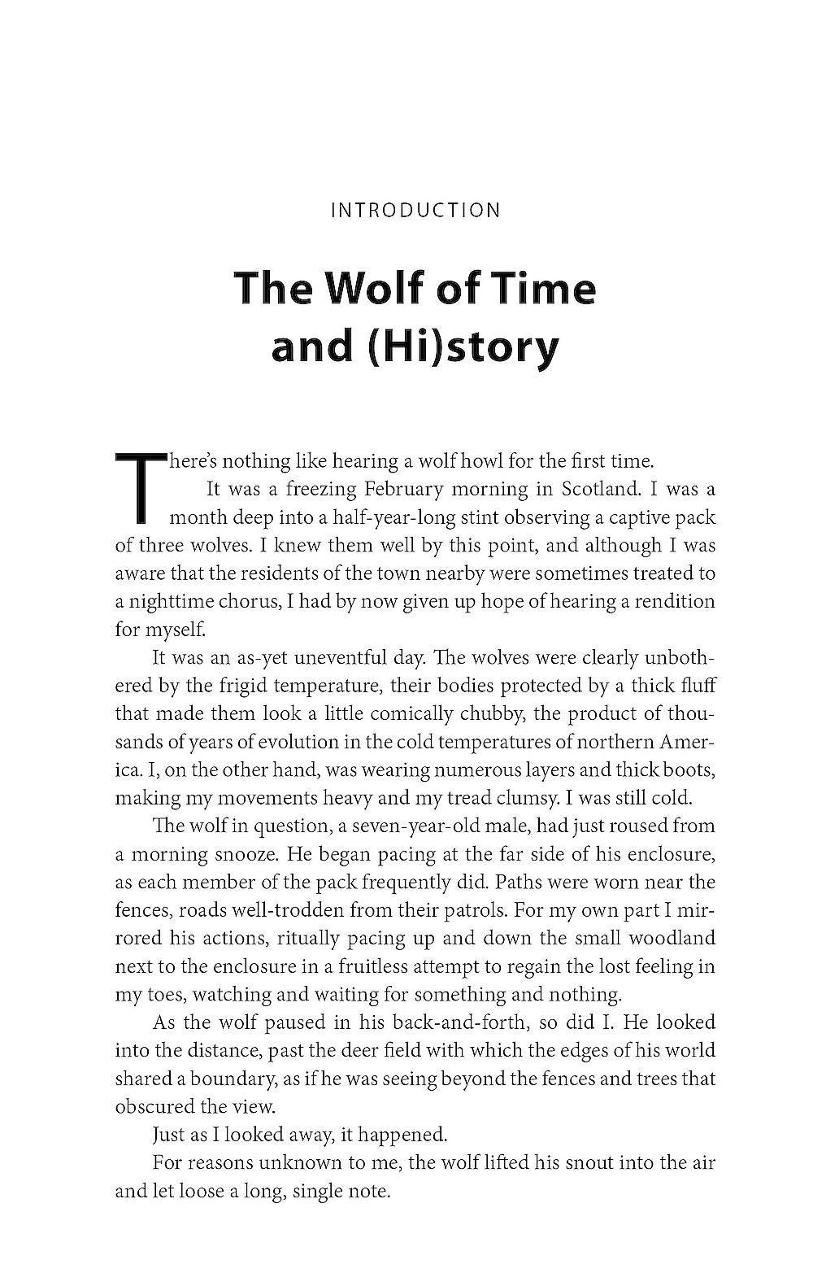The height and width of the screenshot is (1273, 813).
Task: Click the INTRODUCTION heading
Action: coord(415,211)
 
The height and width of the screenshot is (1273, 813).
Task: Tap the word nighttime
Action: coord(173,602)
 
